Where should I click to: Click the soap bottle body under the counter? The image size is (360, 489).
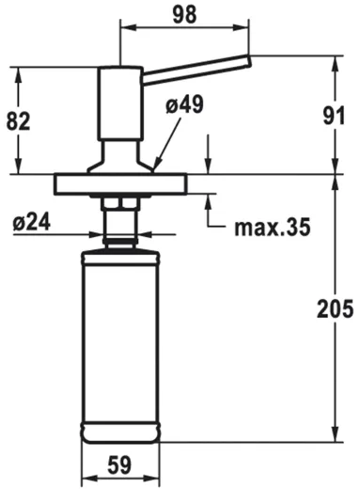120,348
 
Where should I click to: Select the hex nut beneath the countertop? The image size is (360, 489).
119,203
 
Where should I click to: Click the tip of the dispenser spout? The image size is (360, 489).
248,61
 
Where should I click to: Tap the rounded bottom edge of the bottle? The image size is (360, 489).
120,436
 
